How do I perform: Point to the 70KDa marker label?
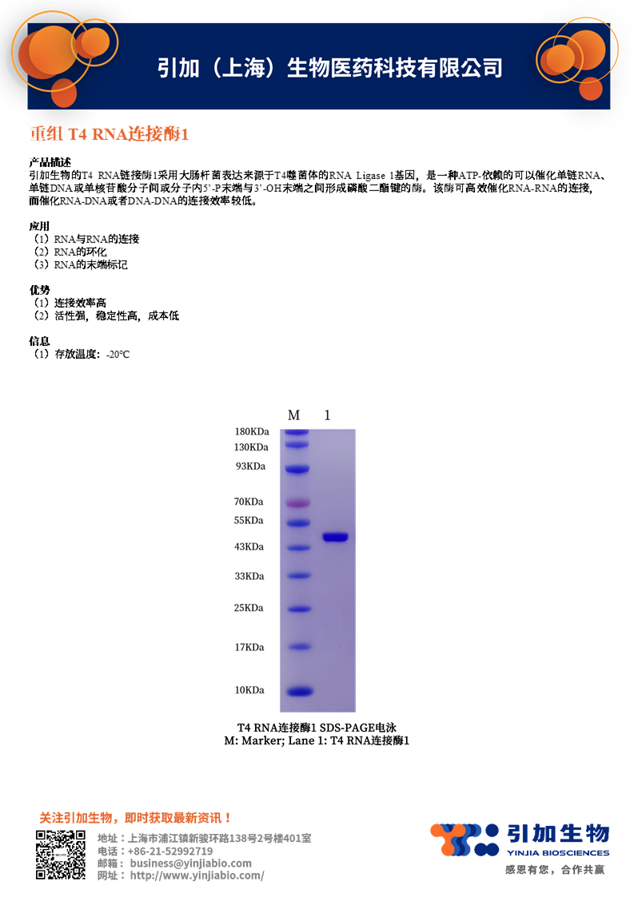click(x=249, y=502)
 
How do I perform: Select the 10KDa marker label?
click(x=249, y=690)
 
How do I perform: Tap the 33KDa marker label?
click(x=249, y=576)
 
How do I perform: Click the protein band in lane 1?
click(x=336, y=537)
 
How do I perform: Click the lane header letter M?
click(x=293, y=415)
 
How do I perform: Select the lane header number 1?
click(x=327, y=415)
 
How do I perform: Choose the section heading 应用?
click(x=39, y=227)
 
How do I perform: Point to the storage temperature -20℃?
click(x=118, y=354)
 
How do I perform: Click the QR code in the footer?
click(x=60, y=855)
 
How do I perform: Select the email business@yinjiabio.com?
click(x=190, y=863)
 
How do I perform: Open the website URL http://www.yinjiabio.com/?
click(x=197, y=875)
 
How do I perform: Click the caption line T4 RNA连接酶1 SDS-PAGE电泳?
click(x=317, y=728)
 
